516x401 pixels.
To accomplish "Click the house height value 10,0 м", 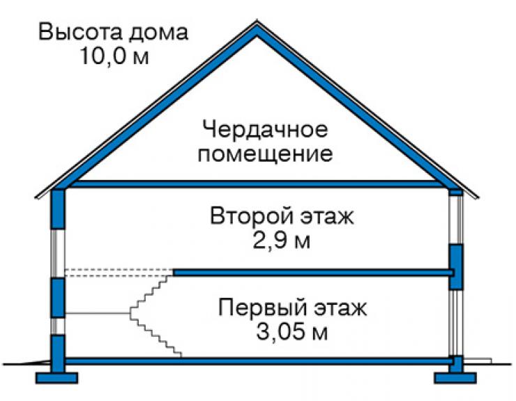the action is point(114,55).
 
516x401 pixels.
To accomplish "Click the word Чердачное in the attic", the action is point(265,130).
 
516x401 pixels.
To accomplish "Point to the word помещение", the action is point(265,154).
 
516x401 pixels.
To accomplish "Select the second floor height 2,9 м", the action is point(281,241).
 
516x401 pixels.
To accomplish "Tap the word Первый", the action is point(261,308).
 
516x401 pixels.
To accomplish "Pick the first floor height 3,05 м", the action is point(291,332).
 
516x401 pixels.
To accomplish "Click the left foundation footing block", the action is point(57,378).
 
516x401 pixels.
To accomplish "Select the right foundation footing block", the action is point(455,378).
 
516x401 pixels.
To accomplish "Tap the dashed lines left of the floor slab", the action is point(119,273).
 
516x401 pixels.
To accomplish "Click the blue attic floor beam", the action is point(257,184).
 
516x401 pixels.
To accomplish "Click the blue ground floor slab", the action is point(259,361).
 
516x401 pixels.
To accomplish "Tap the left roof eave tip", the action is point(36,197).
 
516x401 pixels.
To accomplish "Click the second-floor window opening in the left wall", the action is point(58,254).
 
